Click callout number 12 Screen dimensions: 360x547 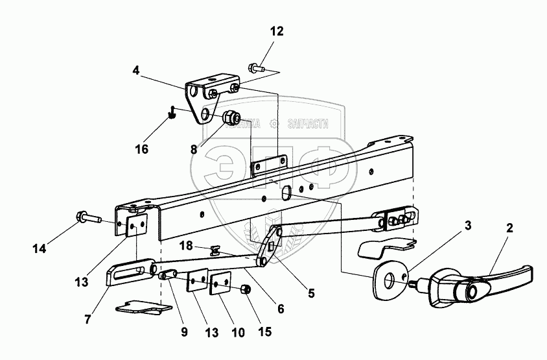pos(277,30)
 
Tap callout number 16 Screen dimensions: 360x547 pos(142,149)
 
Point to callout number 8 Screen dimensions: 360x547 pos(194,149)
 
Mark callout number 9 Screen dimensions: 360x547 pos(183,333)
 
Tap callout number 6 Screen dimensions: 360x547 pos(281,309)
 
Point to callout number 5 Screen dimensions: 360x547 pos(311,293)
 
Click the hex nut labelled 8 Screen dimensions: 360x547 pos(232,119)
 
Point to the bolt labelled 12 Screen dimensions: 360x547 pos(255,66)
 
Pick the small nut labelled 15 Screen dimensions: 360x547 pos(246,289)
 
